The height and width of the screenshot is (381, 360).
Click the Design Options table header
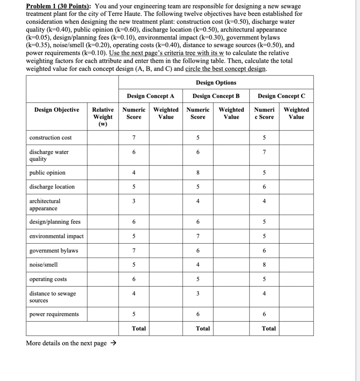click(x=216, y=83)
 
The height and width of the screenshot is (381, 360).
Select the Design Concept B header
click(x=216, y=96)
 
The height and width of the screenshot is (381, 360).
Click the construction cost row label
click(x=50, y=138)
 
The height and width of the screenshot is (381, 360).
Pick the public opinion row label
click(x=47, y=173)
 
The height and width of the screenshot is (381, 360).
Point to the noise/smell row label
click(x=44, y=265)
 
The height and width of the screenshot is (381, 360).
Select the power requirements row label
click(x=54, y=314)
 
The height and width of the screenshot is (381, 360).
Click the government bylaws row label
click(x=54, y=251)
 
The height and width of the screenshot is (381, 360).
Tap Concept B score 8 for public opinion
click(x=198, y=173)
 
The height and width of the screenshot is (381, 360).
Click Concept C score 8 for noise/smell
click(x=264, y=265)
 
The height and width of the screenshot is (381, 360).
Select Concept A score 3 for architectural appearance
click(x=134, y=201)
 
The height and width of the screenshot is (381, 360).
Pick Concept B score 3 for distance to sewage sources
click(x=198, y=293)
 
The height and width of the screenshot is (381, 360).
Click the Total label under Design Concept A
click(x=139, y=328)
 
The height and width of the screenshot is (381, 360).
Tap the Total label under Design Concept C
click(x=269, y=328)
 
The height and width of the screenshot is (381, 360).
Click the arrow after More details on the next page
click(x=113, y=343)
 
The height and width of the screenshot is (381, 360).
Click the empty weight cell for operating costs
click(x=103, y=279)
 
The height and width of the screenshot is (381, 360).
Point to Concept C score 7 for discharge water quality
click(x=264, y=152)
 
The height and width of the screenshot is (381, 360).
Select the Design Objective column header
click(x=57, y=110)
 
